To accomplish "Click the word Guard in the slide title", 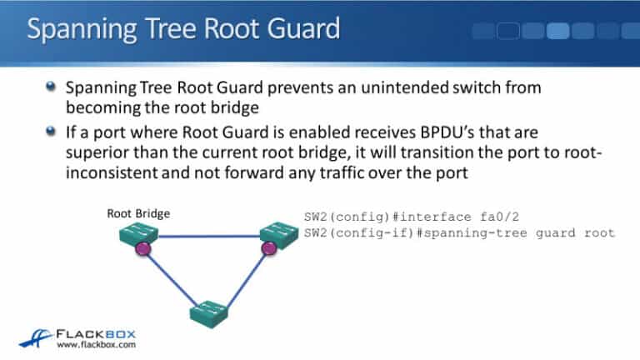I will pos(298,29).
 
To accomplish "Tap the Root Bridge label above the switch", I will pos(138,213).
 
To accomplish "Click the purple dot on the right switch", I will pos(268,247).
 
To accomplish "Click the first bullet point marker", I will pos(52,86).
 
